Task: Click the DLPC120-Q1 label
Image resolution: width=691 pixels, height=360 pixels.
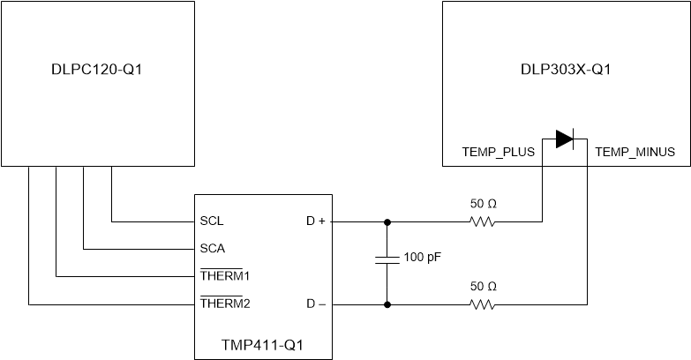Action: pos(97,70)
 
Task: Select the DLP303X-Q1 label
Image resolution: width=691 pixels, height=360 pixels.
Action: pos(565,70)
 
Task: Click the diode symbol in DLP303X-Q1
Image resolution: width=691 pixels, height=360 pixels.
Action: pos(565,139)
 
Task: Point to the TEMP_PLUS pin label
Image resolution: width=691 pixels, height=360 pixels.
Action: pos(499,152)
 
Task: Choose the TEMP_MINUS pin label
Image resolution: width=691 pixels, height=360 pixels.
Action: pos(635,152)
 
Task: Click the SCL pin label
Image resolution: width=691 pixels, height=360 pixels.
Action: pos(212,221)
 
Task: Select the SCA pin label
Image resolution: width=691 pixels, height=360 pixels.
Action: pos(213,249)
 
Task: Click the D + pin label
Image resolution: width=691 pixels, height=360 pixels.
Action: pos(315,221)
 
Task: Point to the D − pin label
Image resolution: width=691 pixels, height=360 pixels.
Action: pos(315,304)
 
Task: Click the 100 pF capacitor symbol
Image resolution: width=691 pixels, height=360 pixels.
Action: pos(387,259)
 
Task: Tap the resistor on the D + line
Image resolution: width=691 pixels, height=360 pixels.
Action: pos(482,221)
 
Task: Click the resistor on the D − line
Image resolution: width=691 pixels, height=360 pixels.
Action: pos(482,304)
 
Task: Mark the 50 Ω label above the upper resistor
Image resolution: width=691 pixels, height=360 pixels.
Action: pos(482,204)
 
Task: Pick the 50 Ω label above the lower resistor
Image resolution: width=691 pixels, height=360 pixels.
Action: pos(482,287)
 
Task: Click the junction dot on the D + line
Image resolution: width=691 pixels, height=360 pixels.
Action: pos(387,221)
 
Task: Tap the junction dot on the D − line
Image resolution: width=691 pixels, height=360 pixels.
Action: pos(387,304)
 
